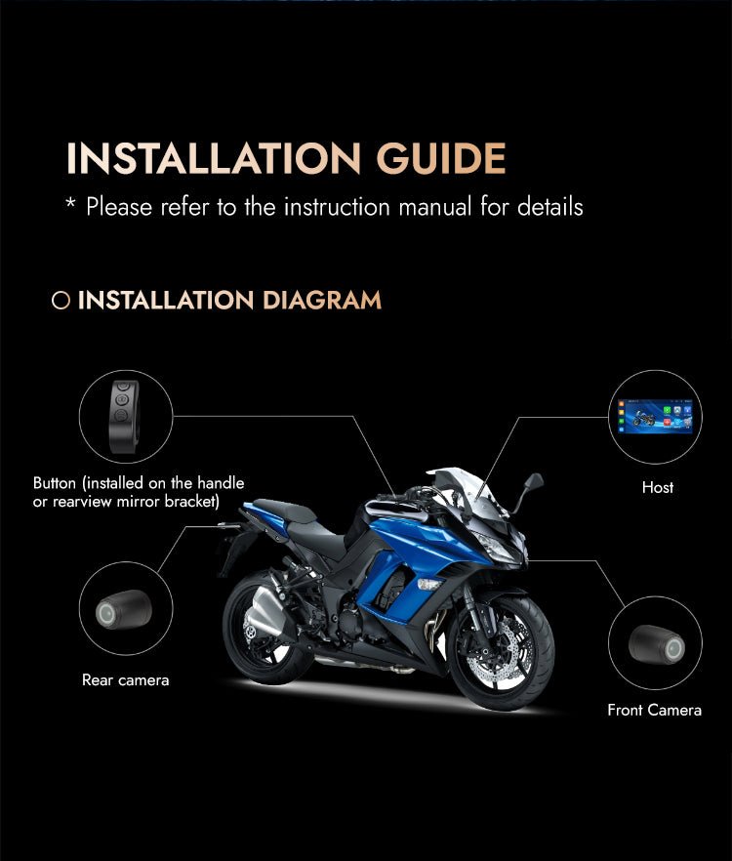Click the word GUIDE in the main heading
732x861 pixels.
click(441, 159)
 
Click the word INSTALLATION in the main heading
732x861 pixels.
click(214, 159)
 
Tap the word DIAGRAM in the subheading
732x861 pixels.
click(322, 300)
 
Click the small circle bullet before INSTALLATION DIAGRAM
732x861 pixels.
click(61, 301)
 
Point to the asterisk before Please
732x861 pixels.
click(70, 202)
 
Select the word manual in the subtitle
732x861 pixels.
click(435, 207)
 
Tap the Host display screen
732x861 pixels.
click(655, 417)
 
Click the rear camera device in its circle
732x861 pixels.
click(124, 609)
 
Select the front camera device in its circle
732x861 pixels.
click(657, 644)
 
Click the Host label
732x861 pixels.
click(658, 488)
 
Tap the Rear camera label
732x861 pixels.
click(125, 680)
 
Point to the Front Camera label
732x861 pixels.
click(655, 710)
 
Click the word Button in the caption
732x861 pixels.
click(55, 483)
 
